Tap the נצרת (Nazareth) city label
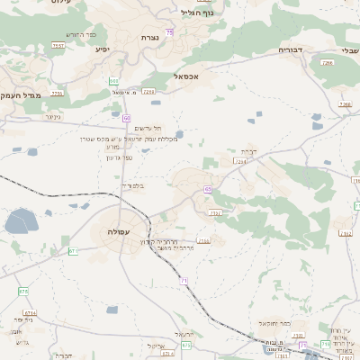click(149, 37)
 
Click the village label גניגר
click(52, 116)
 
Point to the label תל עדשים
click(151, 129)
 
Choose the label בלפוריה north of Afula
click(132, 185)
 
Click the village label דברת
click(248, 151)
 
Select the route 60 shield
click(126, 118)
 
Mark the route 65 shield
click(208, 189)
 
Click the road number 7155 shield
click(203, 240)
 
